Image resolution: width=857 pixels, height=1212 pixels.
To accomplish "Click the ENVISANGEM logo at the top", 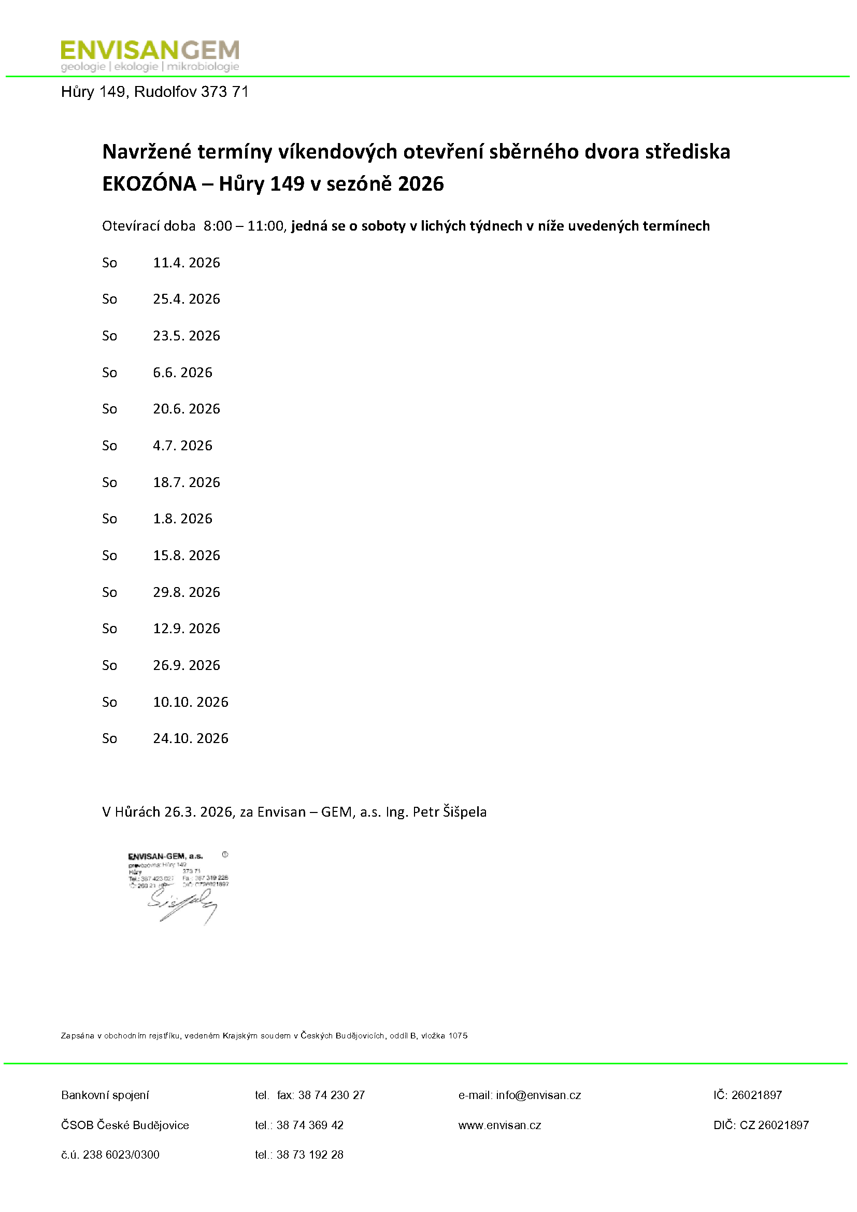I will click(150, 55).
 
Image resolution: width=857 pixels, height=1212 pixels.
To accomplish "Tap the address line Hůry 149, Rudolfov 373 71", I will click(154, 92).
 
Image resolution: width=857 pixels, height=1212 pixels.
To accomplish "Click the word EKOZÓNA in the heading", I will click(149, 184).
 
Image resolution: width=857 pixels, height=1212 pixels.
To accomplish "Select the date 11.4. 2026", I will click(187, 262).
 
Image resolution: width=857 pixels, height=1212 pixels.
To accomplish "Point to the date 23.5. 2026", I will click(187, 336).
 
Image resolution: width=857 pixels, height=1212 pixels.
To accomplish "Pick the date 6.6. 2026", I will click(182, 372).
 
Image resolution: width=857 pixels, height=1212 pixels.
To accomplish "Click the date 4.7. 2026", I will click(182, 446).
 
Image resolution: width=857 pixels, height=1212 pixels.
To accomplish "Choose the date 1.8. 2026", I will click(182, 518).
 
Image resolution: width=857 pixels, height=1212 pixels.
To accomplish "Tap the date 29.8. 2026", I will click(187, 592).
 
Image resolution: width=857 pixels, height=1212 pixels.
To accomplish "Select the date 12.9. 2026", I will click(187, 628).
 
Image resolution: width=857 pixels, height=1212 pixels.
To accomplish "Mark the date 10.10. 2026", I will click(191, 702).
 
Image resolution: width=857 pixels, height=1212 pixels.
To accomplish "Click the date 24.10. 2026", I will click(191, 738).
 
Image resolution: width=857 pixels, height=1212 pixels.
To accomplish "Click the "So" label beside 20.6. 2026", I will click(109, 409).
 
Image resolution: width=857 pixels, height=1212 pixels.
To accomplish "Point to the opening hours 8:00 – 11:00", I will click(244, 226).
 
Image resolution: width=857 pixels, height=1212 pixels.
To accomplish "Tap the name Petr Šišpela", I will click(449, 811).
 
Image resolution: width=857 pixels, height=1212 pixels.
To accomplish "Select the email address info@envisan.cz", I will click(538, 1095).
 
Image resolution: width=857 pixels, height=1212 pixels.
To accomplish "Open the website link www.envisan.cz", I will click(499, 1125).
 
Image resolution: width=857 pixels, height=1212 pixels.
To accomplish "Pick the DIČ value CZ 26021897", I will click(774, 1125).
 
